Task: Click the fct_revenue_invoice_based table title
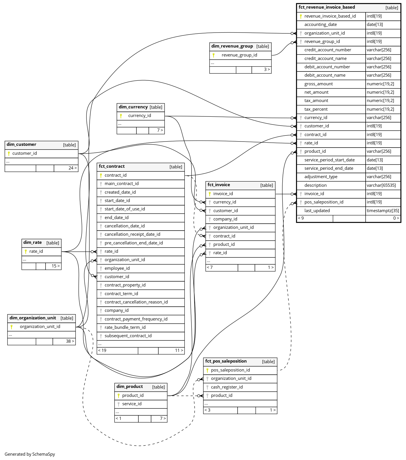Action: click(327, 7)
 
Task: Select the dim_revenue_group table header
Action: click(240, 46)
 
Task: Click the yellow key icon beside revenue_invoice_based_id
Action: click(301, 16)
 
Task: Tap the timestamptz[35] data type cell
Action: click(383, 211)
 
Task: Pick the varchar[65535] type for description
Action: click(381, 185)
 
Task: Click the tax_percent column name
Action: click(316, 109)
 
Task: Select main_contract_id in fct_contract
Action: click(122, 184)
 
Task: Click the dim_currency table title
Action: click(133, 107)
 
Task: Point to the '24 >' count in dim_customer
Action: click(73, 168)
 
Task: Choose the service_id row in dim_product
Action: click(141, 404)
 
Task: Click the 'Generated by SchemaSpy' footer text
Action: click(30, 454)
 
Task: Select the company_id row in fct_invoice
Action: click(240, 219)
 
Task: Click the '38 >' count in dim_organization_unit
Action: click(70, 341)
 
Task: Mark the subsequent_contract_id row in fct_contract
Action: click(141, 336)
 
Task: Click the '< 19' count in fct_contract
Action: click(102, 350)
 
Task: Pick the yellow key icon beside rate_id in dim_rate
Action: click(26, 252)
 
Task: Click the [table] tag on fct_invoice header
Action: click(267, 185)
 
